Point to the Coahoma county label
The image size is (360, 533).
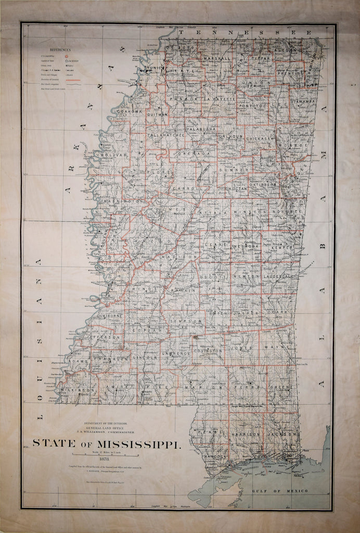click(128, 111)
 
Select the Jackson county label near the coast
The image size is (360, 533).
click(281, 434)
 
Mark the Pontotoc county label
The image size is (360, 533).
click(253, 106)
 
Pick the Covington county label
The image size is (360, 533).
click(208, 351)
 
